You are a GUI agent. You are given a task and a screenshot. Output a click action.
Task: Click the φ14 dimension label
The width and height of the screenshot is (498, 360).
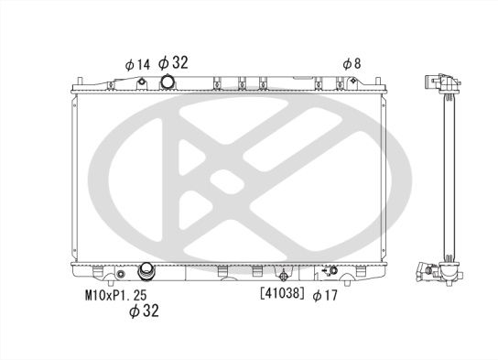point(136,64)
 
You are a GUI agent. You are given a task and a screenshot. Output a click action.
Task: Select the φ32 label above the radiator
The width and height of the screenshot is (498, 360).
point(174,63)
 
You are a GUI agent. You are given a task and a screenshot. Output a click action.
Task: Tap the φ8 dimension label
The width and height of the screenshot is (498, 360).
point(352,64)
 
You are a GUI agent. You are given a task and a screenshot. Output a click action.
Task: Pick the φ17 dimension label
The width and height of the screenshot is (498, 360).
point(325,296)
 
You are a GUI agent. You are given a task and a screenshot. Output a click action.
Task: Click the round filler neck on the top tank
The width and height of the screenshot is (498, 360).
point(168,83)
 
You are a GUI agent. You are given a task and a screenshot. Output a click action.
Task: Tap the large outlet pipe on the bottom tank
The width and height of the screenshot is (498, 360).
point(146,271)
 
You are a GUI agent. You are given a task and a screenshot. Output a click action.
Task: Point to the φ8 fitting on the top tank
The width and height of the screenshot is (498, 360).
point(352,84)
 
